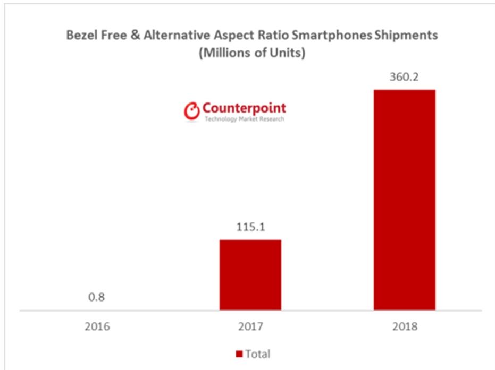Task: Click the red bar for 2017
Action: pos(250,274)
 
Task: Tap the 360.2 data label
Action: pos(404,77)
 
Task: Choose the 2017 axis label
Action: pos(250,326)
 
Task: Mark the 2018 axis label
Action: pos(404,326)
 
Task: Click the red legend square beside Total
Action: pos(239,354)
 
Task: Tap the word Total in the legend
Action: pos(258,354)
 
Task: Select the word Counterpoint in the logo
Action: pos(244,108)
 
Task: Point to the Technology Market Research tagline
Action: pos(244,119)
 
